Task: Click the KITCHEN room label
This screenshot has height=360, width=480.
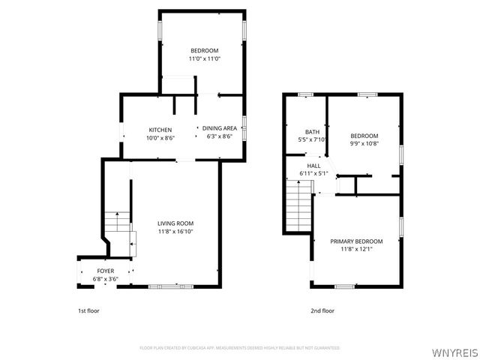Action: click(160, 130)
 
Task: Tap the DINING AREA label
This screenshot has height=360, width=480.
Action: click(220, 130)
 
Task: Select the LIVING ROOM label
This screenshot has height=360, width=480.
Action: click(175, 223)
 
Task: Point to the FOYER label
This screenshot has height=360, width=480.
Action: click(106, 271)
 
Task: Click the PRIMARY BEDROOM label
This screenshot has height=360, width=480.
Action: click(356, 241)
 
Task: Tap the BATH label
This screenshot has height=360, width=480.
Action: click(312, 132)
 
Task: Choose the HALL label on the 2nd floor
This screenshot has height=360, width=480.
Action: click(313, 166)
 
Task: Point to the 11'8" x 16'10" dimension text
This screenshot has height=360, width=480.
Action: click(175, 232)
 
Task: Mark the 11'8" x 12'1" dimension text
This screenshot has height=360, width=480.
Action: click(356, 249)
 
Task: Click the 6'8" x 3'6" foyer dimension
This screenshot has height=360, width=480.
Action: click(106, 278)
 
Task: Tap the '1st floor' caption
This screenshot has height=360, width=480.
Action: click(88, 310)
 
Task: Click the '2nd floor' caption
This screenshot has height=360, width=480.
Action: click(322, 310)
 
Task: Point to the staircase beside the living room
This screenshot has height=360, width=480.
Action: click(117, 223)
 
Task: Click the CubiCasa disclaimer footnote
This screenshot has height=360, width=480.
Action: click(240, 348)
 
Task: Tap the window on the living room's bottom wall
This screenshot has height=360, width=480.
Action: click(165, 286)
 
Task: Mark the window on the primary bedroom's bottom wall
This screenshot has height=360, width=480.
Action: click(345, 286)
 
